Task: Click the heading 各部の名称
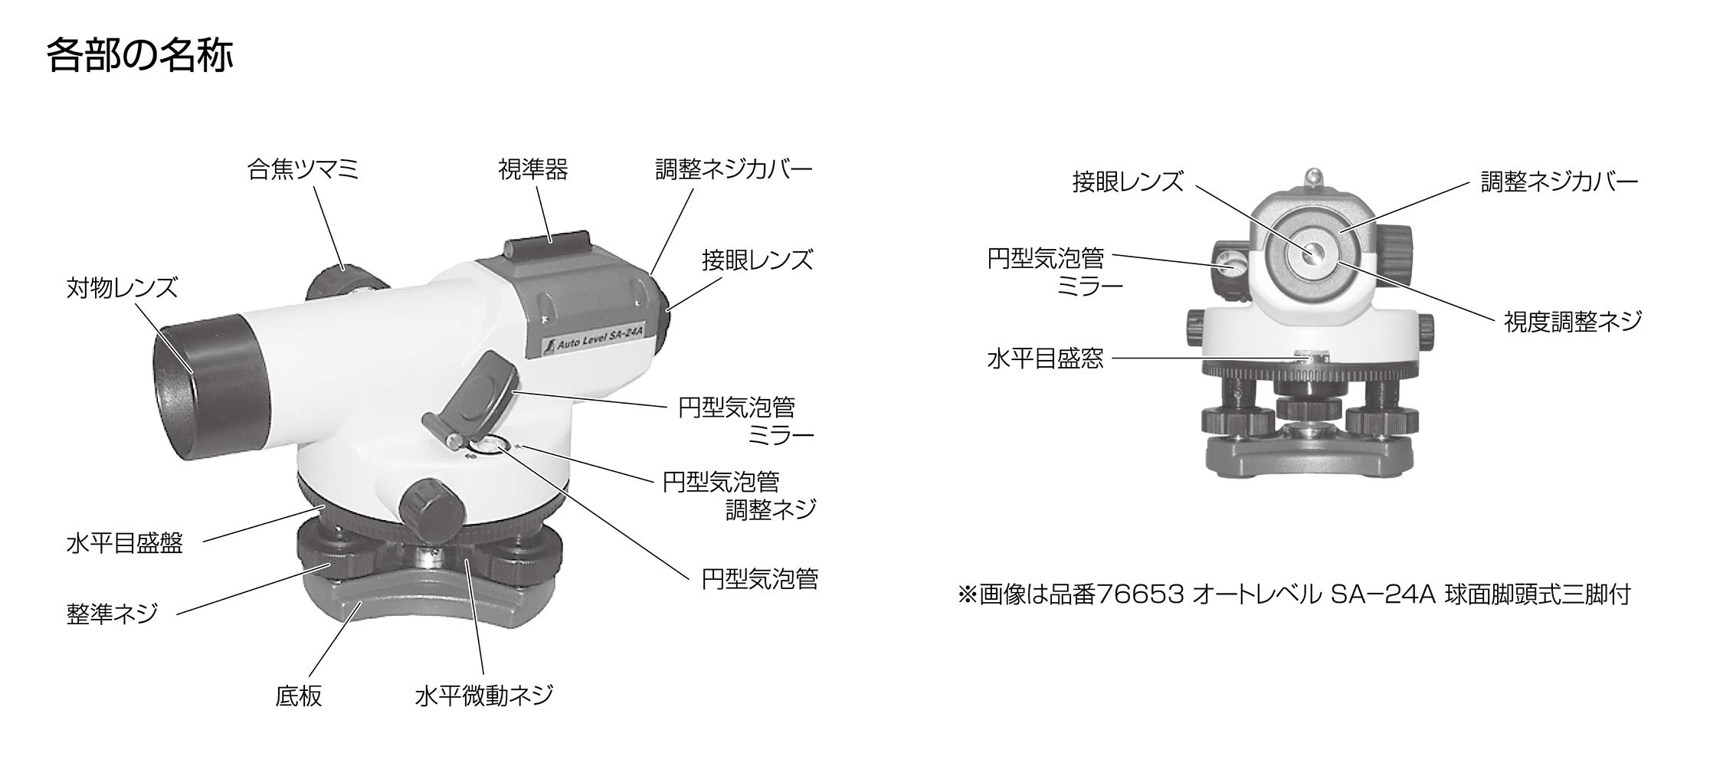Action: (139, 57)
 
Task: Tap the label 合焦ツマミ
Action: (303, 169)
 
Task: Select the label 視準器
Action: (533, 169)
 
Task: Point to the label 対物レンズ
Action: (122, 289)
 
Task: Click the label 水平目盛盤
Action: (124, 544)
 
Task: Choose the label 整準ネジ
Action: (112, 614)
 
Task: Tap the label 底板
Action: (298, 696)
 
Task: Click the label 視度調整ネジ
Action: (1573, 322)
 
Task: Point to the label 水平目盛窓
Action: (1045, 358)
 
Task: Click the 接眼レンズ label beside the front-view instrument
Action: (1128, 182)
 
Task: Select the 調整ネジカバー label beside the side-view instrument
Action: (733, 169)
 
